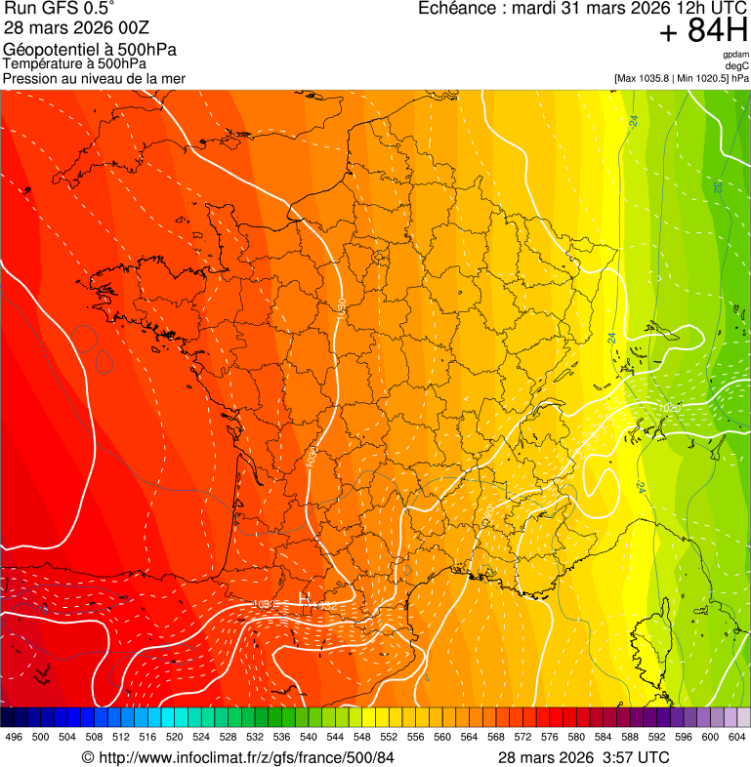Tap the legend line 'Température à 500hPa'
click(x=74, y=64)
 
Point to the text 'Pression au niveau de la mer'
click(x=94, y=78)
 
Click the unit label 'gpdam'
click(x=735, y=55)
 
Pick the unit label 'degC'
click(x=738, y=65)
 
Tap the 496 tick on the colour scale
click(x=14, y=737)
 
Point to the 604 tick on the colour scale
click(x=736, y=737)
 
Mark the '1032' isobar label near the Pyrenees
click(x=324, y=606)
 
